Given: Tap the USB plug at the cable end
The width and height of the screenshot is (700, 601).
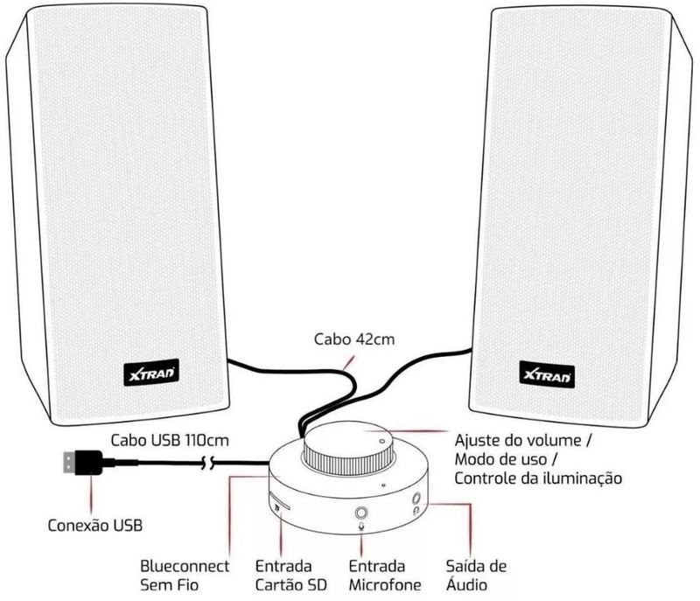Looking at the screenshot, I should (x=80, y=461).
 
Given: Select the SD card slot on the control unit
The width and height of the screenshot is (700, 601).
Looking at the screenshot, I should (x=281, y=504).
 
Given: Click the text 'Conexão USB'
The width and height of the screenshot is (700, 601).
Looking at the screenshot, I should (x=94, y=526).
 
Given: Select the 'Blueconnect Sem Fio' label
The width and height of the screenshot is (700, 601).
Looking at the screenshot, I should (x=185, y=575).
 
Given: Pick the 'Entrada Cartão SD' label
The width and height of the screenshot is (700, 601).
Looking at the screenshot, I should (x=283, y=575).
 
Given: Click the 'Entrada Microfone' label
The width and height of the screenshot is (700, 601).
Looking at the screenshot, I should (x=384, y=575).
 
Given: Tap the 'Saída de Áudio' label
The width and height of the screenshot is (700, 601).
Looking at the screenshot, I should (x=475, y=575).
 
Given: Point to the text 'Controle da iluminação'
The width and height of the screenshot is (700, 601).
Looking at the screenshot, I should (x=537, y=479).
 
